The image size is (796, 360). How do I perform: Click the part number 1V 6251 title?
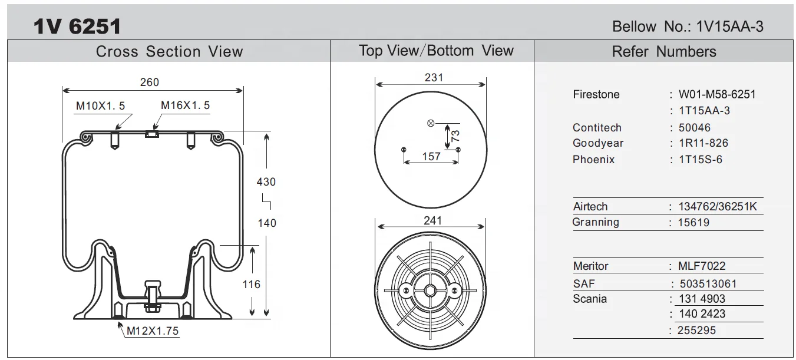[x=77, y=26]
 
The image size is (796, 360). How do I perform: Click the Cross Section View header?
[x=169, y=52]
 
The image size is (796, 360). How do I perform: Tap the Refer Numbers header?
[x=664, y=52]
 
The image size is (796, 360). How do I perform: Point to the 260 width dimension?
[x=149, y=82]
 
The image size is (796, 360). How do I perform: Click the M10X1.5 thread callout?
[x=100, y=106]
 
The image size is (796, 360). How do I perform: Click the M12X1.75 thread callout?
[x=153, y=331]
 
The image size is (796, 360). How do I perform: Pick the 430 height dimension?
[x=266, y=182]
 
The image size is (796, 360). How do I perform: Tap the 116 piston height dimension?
[x=252, y=285]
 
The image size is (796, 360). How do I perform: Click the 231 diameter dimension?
[x=434, y=78]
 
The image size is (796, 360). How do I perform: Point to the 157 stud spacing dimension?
[x=431, y=157]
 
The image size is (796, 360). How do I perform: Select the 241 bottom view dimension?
[x=432, y=221]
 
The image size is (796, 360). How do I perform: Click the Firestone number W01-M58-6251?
[x=717, y=94]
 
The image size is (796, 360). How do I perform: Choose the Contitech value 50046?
[x=695, y=128]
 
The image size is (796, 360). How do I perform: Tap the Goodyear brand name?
[x=597, y=143]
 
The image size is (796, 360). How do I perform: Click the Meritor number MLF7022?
[x=702, y=266]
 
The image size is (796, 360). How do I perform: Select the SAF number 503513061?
[x=708, y=284]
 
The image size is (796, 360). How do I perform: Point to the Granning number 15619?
[x=694, y=223]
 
